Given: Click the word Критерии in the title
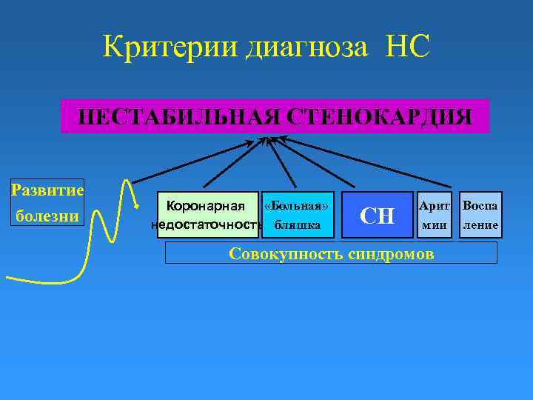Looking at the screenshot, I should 158,47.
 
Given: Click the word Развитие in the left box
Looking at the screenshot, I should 47,190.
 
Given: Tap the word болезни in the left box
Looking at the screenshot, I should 47,216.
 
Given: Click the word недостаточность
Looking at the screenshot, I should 207,224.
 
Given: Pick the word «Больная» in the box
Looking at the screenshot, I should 297,205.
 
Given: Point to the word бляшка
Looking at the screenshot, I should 297,224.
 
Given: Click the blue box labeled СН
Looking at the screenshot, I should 377,216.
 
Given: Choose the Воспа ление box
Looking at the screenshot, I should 480,215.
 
